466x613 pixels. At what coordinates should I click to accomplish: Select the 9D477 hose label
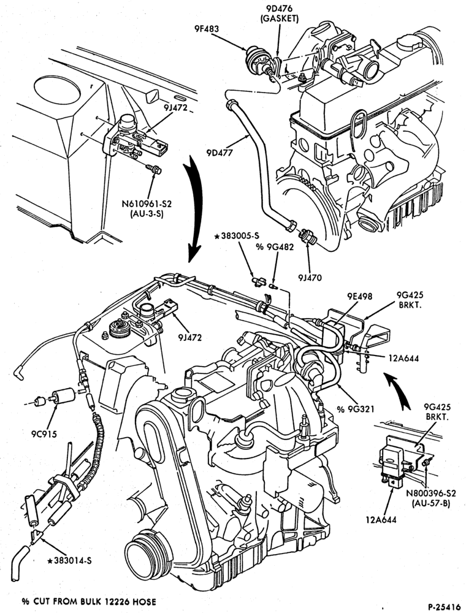(x=220, y=153)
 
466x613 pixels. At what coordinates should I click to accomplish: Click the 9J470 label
(x=310, y=278)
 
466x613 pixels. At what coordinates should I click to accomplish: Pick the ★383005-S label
(x=237, y=235)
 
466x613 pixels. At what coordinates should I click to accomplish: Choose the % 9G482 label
(x=275, y=246)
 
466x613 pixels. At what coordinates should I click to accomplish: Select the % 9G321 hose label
(x=356, y=409)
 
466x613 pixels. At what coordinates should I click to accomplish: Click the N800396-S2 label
(x=430, y=493)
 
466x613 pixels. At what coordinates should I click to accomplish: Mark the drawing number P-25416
(x=444, y=607)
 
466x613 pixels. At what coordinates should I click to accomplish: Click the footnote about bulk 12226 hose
(x=89, y=601)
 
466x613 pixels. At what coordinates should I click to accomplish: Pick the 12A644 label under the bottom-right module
(x=381, y=520)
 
